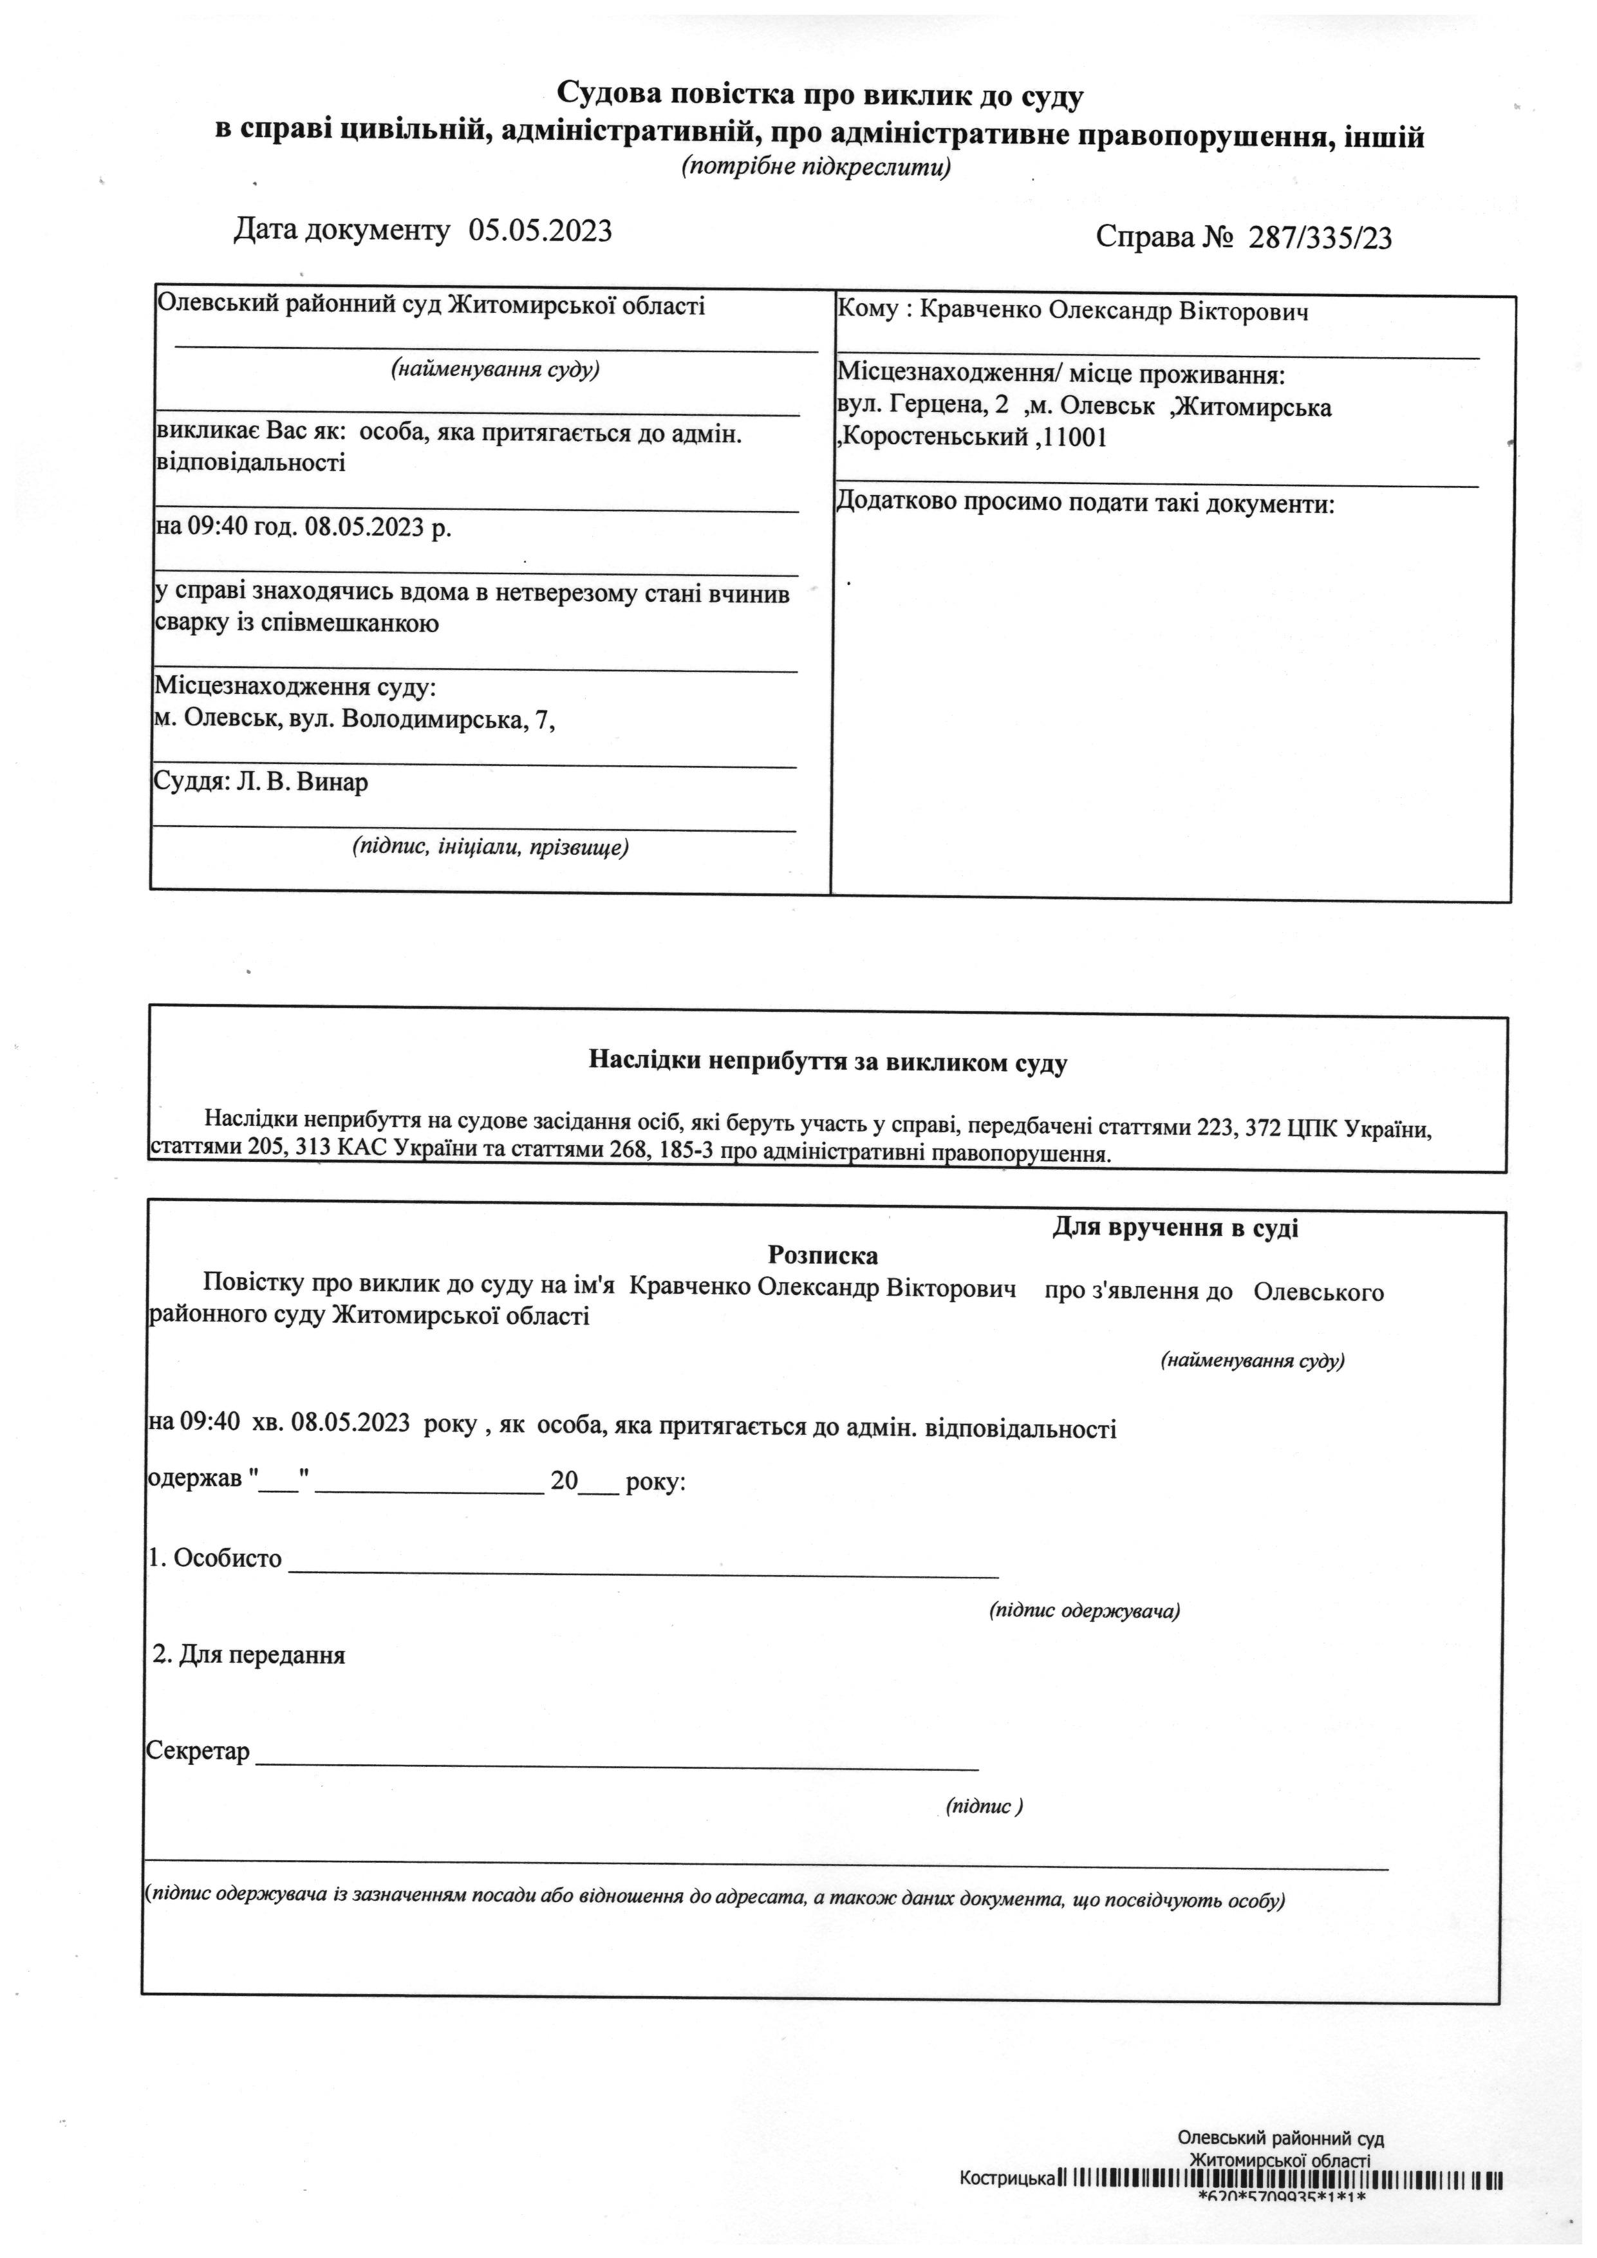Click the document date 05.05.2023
pyautogui.click(x=540, y=231)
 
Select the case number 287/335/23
pyautogui.click(x=1320, y=238)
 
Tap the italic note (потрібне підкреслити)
pyautogui.click(x=816, y=167)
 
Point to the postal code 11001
pyautogui.click(x=1075, y=438)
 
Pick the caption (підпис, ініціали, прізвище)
pyautogui.click(x=490, y=847)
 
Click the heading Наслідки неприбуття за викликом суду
pyautogui.click(x=828, y=1061)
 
